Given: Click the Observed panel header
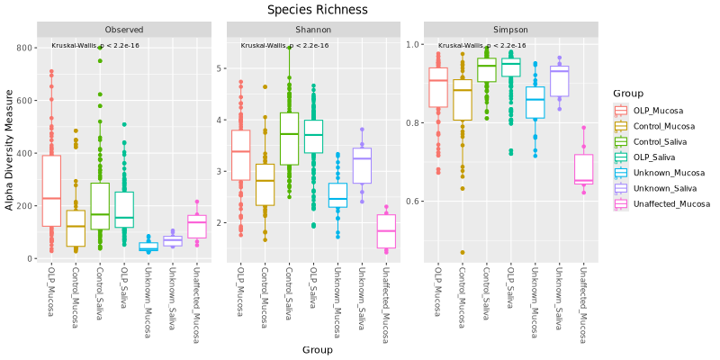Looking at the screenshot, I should tap(123, 30).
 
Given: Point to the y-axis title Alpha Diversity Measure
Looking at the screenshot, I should tap(10, 148).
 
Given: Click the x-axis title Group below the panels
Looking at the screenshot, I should tap(318, 349).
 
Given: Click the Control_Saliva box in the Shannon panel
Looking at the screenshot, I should tap(289, 139).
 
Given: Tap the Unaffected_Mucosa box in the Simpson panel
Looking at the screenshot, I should tap(583, 169).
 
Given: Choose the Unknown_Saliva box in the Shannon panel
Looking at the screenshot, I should tap(362, 166).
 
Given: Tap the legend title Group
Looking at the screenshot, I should tap(625, 93).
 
